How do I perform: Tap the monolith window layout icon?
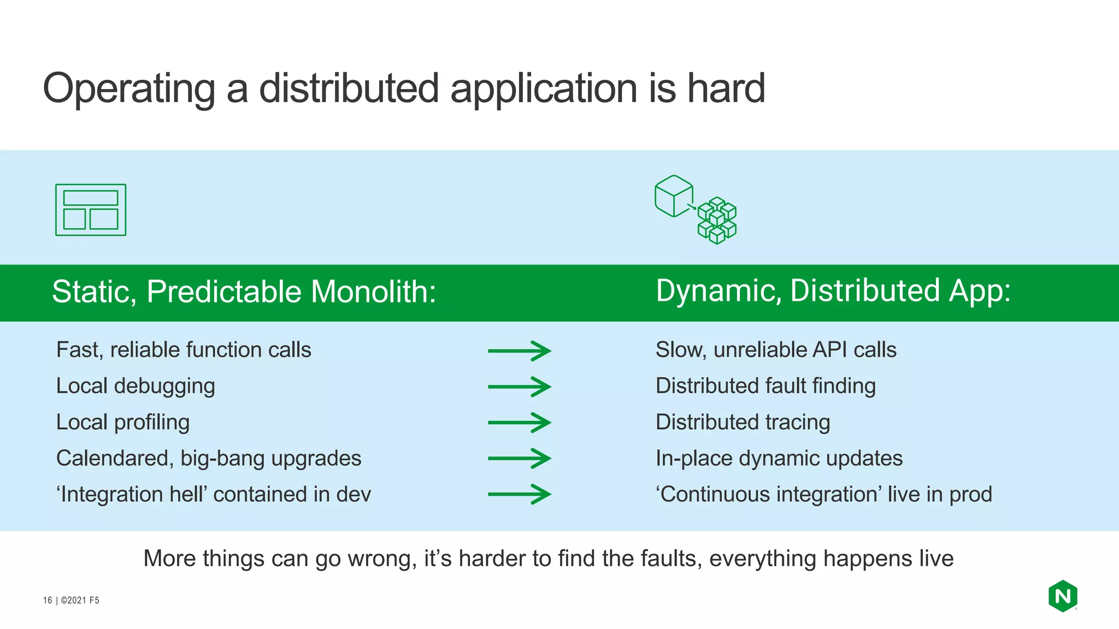pos(91,210)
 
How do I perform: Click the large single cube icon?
pos(674,196)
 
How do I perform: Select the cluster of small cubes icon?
pos(717,221)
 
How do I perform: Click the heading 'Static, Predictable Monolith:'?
pos(244,292)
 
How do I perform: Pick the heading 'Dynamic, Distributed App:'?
pos(833,290)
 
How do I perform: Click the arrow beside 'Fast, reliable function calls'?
pos(519,351)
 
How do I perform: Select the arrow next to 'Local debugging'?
pos(519,387)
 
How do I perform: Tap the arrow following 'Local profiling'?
pos(519,423)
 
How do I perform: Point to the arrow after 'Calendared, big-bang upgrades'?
pos(519,459)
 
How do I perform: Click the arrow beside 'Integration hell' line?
pos(519,495)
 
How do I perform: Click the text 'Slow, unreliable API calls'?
pos(776,350)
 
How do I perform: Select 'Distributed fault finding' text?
pos(765,386)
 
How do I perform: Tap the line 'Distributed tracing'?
pos(743,422)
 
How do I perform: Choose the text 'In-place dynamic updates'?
pos(779,458)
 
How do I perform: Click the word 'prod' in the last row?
pos(970,495)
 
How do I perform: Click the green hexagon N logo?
pos(1063,596)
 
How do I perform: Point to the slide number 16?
pos(48,600)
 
